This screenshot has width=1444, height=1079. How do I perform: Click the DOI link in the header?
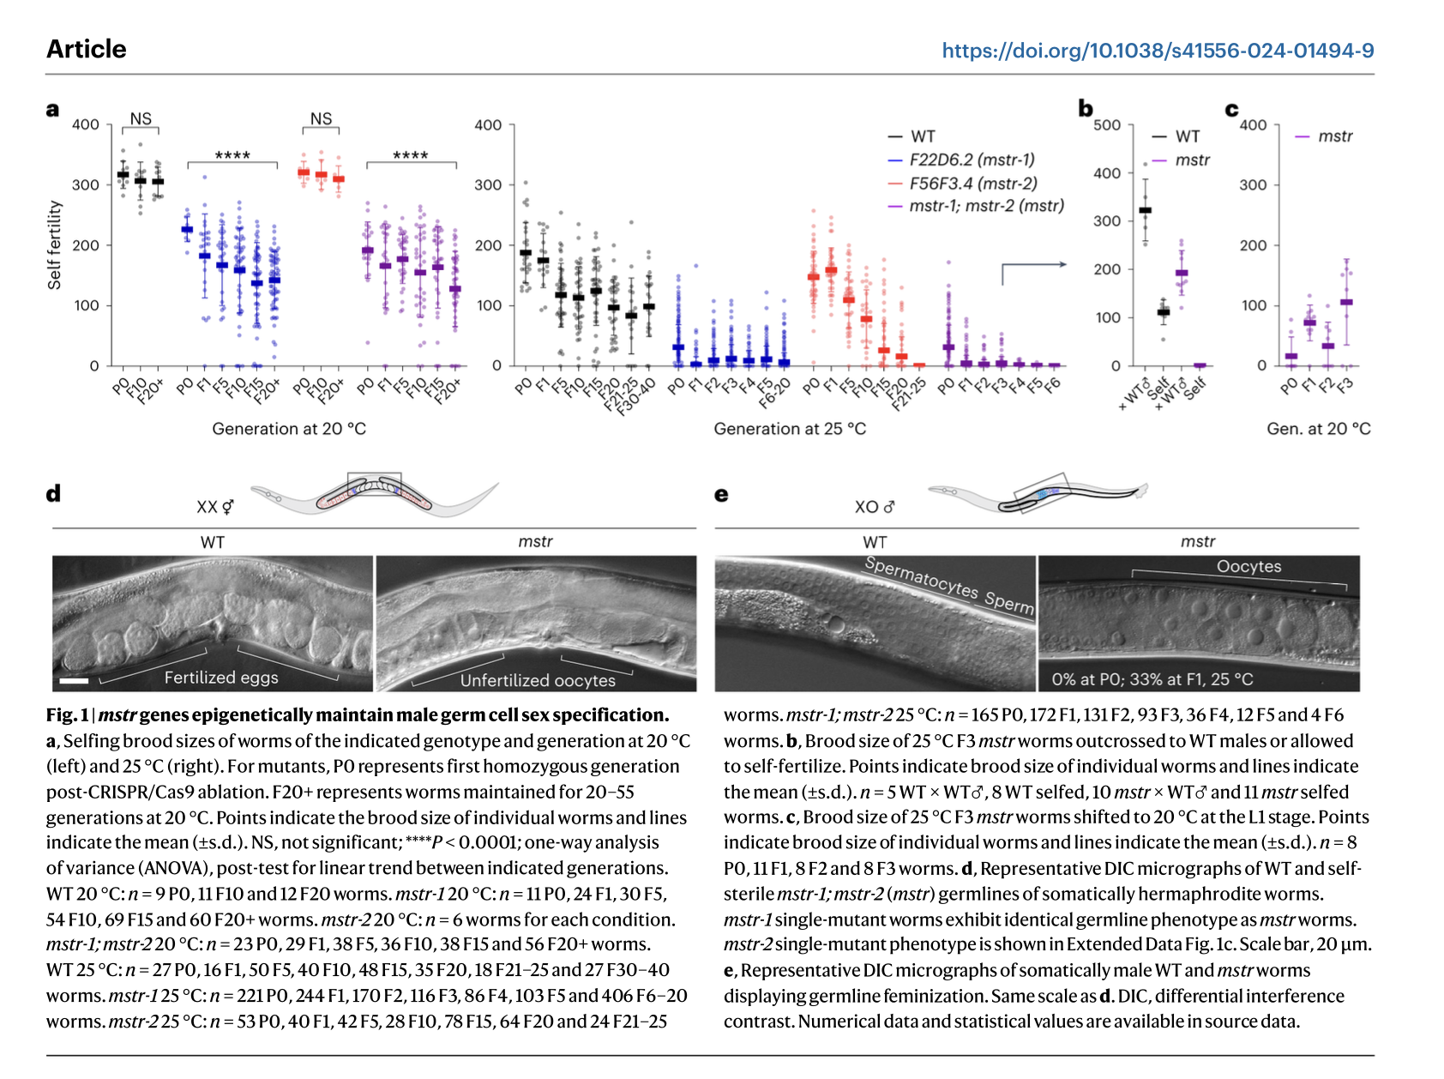[x=1158, y=51]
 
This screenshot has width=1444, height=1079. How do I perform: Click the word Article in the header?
[x=87, y=49]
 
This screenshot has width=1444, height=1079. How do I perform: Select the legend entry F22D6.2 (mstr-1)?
[x=972, y=160]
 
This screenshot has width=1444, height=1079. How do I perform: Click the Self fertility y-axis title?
[x=55, y=245]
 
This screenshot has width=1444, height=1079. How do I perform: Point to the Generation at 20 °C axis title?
[x=289, y=429]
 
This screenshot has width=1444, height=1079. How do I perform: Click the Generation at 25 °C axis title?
[x=790, y=429]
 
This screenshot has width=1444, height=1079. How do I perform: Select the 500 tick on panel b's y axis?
[x=1107, y=125]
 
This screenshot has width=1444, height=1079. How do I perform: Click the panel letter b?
[x=1086, y=109]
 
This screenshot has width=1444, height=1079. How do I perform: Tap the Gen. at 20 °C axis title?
[x=1318, y=429]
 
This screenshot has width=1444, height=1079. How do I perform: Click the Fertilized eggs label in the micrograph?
[x=221, y=678]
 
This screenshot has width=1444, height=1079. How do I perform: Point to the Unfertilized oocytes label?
[x=538, y=680]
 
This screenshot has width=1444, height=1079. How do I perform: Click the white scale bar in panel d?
[x=75, y=681]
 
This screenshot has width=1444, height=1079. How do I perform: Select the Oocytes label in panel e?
[x=1248, y=567]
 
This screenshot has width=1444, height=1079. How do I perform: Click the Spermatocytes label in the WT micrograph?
[x=921, y=577]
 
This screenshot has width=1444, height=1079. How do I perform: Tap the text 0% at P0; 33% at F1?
[x=1152, y=679]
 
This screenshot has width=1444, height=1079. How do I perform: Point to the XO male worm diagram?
[x=1038, y=495]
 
